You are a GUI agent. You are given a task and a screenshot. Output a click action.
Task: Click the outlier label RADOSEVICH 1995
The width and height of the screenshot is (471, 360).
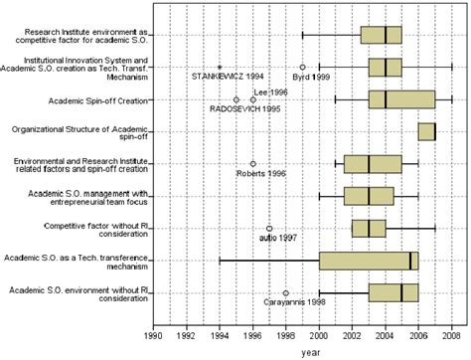pos(240,108)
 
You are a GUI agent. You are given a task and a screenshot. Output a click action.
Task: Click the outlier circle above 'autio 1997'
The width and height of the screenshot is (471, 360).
pos(269,229)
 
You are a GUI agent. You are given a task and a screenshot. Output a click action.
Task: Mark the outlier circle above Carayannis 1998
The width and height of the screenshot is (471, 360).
pos(286,292)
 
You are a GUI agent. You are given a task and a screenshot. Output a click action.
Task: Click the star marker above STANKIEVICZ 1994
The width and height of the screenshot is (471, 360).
pos(220,67)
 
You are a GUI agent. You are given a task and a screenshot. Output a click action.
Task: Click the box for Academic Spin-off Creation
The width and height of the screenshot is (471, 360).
pos(401,99)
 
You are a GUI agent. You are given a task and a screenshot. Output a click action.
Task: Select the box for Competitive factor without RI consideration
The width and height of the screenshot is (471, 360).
pos(369,229)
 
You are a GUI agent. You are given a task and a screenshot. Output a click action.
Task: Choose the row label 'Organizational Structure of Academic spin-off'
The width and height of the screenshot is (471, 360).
pos(80,131)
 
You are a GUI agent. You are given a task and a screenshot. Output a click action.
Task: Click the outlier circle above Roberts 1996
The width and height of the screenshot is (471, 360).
pos(253,164)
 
